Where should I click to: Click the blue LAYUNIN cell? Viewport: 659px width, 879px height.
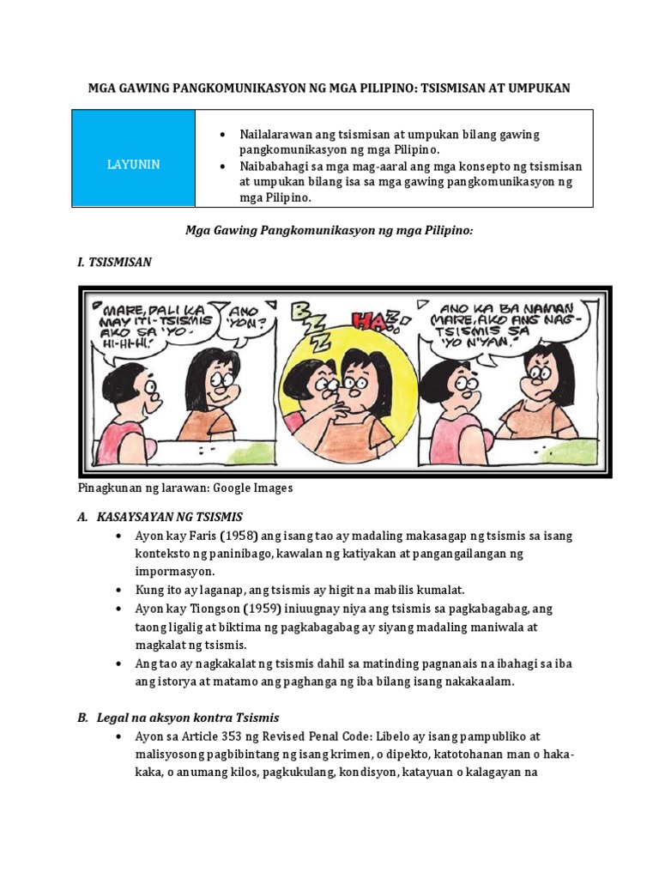133,164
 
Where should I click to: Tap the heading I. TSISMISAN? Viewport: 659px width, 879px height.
114,262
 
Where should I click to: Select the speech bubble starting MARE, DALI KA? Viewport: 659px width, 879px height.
151,321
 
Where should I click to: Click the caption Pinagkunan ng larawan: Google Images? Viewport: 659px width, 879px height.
185,488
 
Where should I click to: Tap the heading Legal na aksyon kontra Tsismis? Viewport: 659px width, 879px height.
190,717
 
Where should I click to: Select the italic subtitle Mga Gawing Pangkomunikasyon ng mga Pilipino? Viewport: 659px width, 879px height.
329,232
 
